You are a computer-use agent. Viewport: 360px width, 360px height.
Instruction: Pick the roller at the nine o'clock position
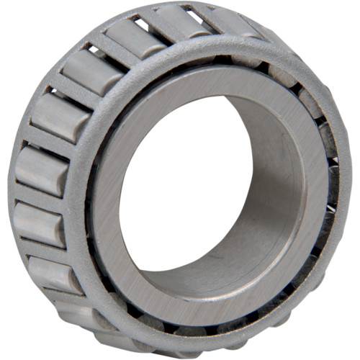coord(40,169)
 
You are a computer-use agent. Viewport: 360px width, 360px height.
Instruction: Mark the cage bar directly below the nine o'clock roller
coord(36,198)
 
